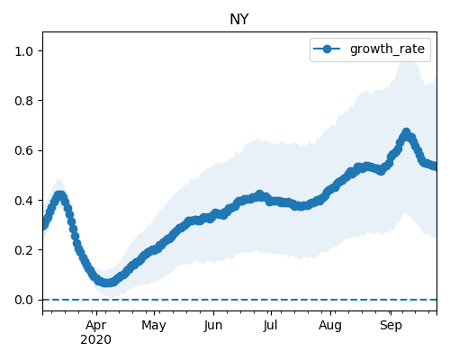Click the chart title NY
pyautogui.click(x=239, y=20)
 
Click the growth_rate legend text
pyautogui.click(x=387, y=49)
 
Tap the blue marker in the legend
pyautogui.click(x=327, y=49)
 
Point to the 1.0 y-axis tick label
pyautogui.click(x=23, y=51)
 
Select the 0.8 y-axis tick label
pyautogui.click(x=23, y=101)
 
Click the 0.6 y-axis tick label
pyautogui.click(x=23, y=150)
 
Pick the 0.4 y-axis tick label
pyautogui.click(x=23, y=201)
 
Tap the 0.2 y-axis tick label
pyautogui.click(x=23, y=250)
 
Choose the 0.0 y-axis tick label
pyautogui.click(x=23, y=300)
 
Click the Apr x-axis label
pyautogui.click(x=96, y=326)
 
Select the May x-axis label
pyautogui.click(x=154, y=326)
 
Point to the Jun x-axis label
pyautogui.click(x=213, y=326)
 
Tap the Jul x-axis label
pyautogui.click(x=270, y=326)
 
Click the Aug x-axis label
pyautogui.click(x=330, y=326)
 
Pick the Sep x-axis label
pyautogui.click(x=391, y=326)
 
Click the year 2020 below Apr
pyautogui.click(x=96, y=340)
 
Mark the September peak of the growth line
pyautogui.click(x=406, y=132)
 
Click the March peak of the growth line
pyautogui.click(x=60, y=195)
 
